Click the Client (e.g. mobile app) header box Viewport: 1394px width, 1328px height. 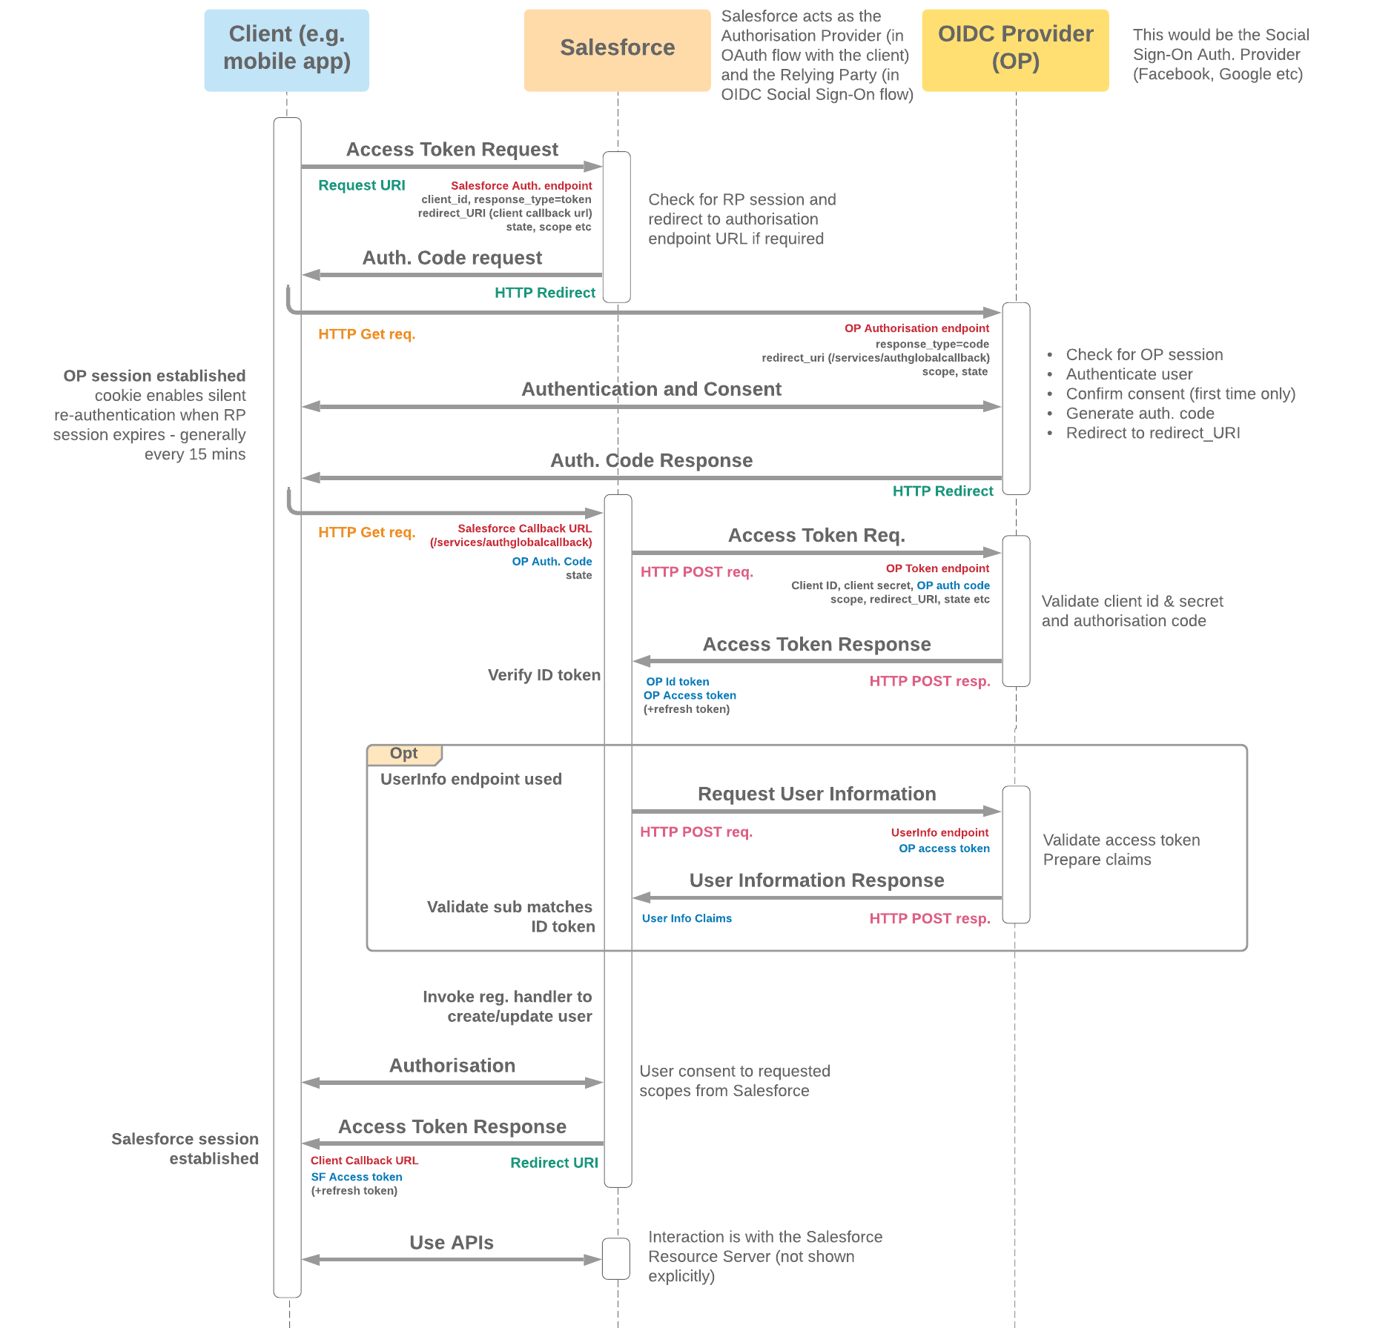[286, 50]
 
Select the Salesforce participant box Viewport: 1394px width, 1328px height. [617, 50]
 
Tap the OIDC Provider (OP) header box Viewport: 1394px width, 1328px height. [1015, 50]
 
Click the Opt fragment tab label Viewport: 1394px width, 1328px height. [404, 754]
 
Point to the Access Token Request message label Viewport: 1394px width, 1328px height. [452, 150]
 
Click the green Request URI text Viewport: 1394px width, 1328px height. [361, 185]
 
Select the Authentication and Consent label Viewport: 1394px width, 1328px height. [651, 389]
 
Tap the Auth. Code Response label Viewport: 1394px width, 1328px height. [651, 460]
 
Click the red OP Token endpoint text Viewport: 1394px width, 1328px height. [937, 568]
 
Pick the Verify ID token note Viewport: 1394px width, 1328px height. [544, 675]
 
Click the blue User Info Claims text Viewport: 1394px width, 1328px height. [687, 918]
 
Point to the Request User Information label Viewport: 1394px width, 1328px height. [816, 794]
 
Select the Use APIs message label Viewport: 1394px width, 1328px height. [451, 1243]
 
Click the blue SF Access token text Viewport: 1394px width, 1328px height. [357, 1177]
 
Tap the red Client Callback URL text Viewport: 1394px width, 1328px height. [364, 1161]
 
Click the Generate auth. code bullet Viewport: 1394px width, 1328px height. [1140, 414]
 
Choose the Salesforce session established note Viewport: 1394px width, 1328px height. [185, 1149]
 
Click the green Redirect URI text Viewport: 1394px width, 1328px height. [554, 1163]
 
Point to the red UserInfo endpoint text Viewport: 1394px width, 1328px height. [939, 833]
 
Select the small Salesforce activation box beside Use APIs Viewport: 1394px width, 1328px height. [616, 1258]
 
